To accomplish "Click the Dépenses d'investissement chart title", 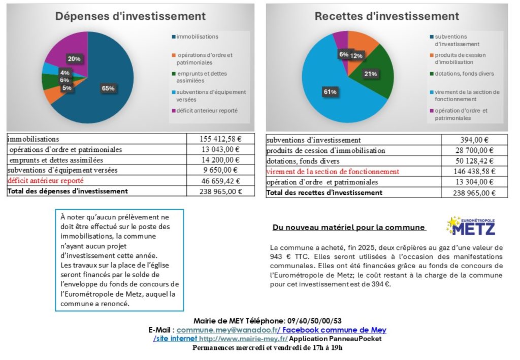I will (131, 16).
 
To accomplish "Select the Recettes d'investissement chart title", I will (386, 16).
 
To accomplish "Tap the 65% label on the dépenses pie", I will (108, 88).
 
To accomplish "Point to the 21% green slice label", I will (370, 74).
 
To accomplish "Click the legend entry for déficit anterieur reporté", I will (207, 110).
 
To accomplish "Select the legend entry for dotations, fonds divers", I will (464, 74).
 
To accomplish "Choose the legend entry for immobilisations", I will (197, 37).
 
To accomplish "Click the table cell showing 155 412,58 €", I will (220, 139).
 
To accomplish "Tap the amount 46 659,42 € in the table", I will (220, 181).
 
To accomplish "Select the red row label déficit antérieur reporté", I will (45, 181).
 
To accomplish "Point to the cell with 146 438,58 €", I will (474, 172).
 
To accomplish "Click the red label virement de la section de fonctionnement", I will (333, 172).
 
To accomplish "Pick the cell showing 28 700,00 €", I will (474, 150).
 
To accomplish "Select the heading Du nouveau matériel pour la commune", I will (349, 227).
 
